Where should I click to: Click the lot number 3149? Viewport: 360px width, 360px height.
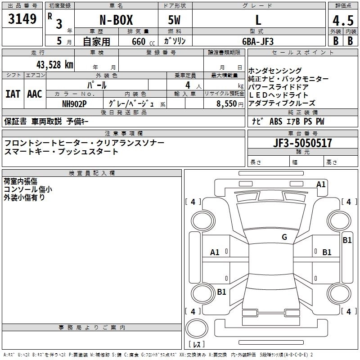pyautogui.click(x=22, y=19)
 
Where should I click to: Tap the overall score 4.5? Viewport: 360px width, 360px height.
pyautogui.click(x=342, y=20)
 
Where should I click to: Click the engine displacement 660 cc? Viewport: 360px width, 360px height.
pyautogui.click(x=138, y=41)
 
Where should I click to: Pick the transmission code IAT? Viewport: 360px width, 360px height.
pyautogui.click(x=13, y=94)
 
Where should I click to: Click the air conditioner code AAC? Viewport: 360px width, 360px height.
pyautogui.click(x=35, y=94)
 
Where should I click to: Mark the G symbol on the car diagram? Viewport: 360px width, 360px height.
pyautogui.click(x=284, y=237)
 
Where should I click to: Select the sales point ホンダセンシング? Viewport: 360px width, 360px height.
pyautogui.click(x=275, y=71)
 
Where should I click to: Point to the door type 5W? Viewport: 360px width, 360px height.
pyautogui.click(x=175, y=20)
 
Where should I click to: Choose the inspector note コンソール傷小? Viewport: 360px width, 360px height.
pyautogui.click(x=28, y=189)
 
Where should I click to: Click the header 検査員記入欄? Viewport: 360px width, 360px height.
pyautogui.click(x=92, y=173)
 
